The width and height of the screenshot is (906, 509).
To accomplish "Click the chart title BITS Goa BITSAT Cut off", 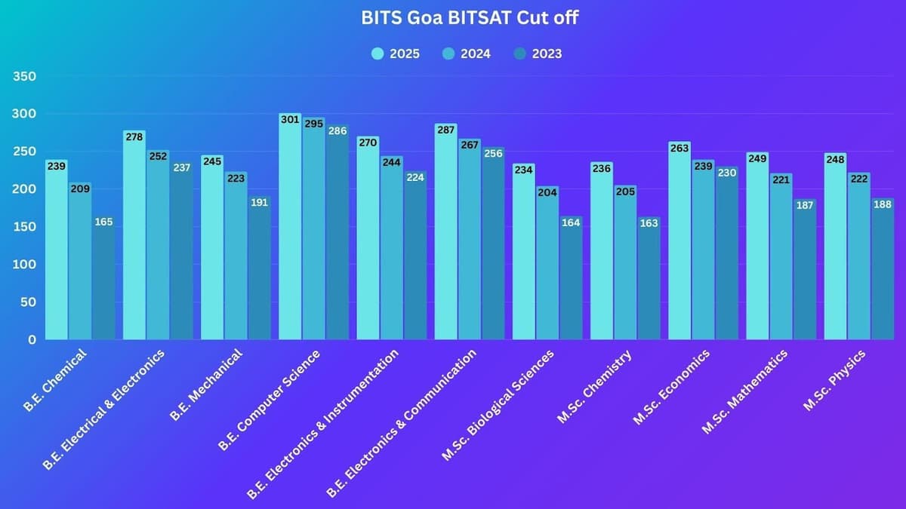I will [470, 18].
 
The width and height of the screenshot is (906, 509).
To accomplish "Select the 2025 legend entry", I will [396, 54].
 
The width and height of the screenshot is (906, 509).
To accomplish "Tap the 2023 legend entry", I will [538, 54].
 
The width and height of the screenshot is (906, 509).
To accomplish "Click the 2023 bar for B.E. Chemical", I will [104, 283].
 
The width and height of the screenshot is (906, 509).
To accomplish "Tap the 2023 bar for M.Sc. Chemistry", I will [649, 283].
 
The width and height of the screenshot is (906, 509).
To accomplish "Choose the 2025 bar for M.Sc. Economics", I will [679, 245].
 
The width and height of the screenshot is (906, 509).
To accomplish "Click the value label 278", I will [134, 136].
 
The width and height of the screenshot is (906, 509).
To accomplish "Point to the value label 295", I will [314, 123].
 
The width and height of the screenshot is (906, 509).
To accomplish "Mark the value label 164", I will [571, 222].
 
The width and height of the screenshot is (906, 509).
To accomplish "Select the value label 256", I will [493, 153].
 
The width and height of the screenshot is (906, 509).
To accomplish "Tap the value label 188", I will [882, 204].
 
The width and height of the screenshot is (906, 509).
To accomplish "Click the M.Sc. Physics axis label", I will [835, 380].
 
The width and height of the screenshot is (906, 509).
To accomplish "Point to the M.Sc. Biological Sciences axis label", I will [498, 404].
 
